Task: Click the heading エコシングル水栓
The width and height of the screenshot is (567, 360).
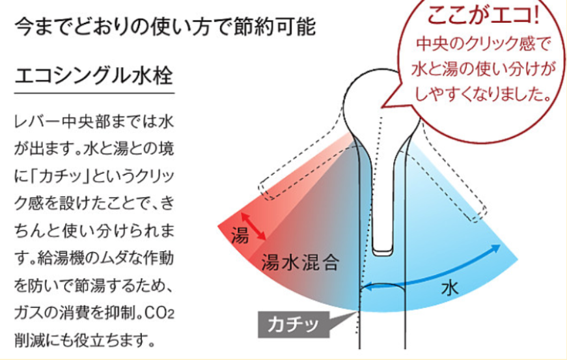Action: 94,75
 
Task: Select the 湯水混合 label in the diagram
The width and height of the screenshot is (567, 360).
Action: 300,262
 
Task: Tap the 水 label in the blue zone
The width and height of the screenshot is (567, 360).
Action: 450,288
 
